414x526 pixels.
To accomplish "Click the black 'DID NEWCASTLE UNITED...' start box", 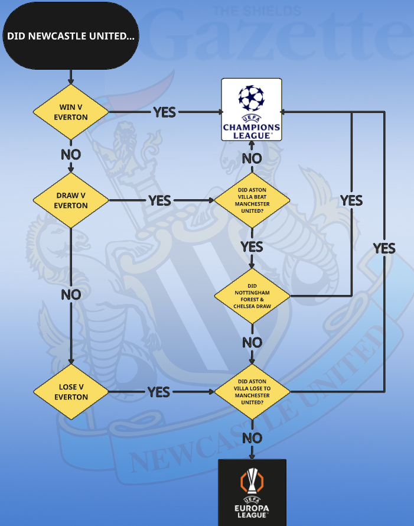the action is point(71,36).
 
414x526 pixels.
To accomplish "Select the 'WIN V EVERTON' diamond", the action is point(71,112).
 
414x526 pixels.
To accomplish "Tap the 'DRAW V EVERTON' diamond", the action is point(71,200).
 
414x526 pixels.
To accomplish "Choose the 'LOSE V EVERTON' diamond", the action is point(71,392).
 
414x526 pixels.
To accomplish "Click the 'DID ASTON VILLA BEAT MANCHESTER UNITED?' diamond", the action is point(252,200).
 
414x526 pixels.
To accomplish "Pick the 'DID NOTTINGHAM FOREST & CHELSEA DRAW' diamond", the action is point(252,296).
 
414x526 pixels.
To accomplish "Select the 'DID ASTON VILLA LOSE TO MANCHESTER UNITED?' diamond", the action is point(252,391).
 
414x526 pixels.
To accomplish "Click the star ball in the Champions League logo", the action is point(252,98).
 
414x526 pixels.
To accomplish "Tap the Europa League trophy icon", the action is point(252,480).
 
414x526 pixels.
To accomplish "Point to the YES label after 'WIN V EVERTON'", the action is point(164,112).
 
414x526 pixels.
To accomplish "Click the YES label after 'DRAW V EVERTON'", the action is point(159,200).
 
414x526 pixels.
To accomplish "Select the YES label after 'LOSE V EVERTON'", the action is point(158,392).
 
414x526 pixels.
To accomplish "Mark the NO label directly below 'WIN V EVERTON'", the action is point(71,155).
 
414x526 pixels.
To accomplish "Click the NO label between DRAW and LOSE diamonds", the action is point(71,294).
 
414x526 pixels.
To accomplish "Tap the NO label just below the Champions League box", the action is point(252,158).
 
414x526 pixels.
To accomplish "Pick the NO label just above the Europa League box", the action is point(252,438).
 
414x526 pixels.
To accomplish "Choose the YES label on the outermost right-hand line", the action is point(384,248).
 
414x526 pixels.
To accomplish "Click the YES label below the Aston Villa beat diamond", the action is point(252,246).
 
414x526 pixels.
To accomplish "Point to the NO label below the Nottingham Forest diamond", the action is point(252,343).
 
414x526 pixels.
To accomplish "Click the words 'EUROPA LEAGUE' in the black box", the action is point(252,511).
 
